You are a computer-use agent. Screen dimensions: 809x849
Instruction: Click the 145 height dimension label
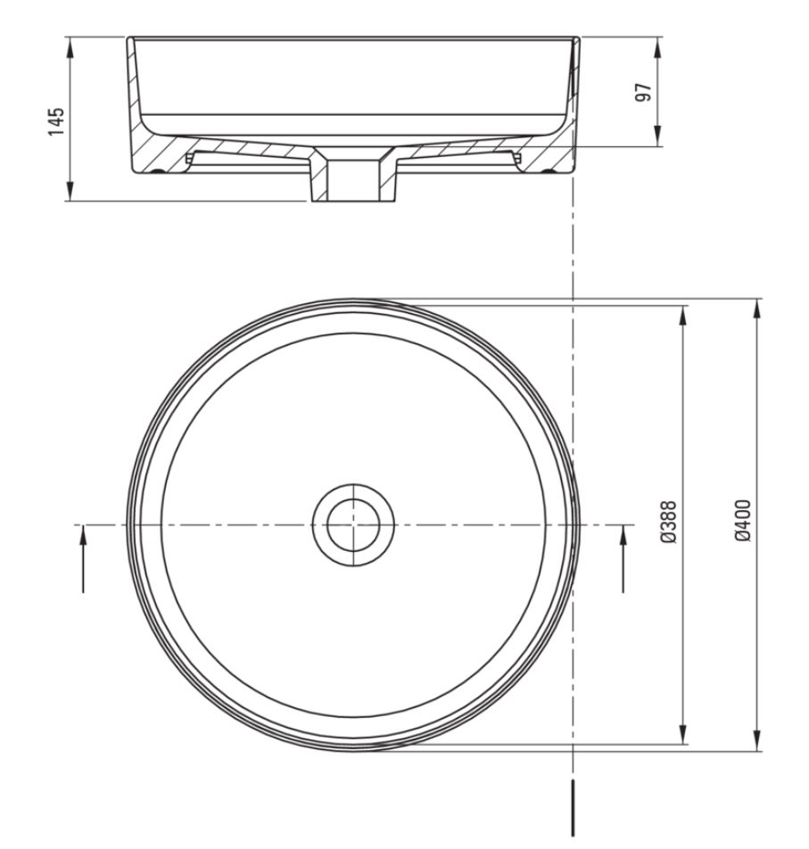[x=57, y=121]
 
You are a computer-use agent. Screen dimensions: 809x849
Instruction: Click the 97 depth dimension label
[x=643, y=92]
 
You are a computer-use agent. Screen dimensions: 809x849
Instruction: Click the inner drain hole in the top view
[x=353, y=525]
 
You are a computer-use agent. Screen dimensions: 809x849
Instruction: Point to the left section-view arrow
[x=83, y=559]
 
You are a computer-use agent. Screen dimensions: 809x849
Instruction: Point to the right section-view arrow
[x=623, y=559]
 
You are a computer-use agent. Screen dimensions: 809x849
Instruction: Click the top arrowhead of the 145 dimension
[x=70, y=47]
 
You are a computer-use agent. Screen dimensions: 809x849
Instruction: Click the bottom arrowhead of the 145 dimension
[x=70, y=190]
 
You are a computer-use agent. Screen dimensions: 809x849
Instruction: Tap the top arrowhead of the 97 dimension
[x=657, y=47]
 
